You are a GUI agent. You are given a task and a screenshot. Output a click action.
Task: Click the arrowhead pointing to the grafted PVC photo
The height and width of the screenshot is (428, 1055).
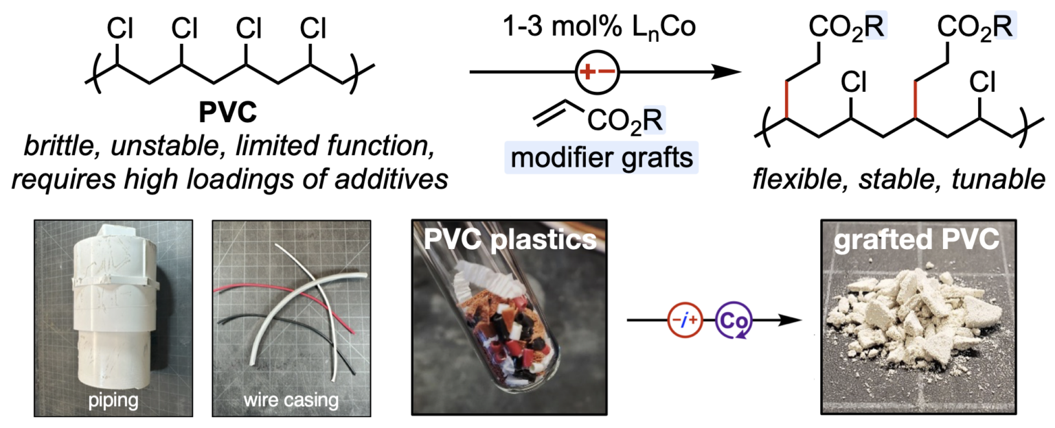799,321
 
